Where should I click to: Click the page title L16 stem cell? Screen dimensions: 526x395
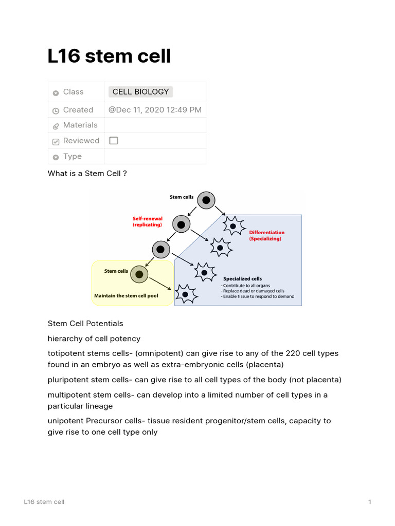pyautogui.click(x=109, y=56)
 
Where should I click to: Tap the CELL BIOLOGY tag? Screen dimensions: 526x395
pyautogui.click(x=140, y=92)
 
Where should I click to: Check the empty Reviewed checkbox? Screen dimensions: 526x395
pyautogui.click(x=114, y=141)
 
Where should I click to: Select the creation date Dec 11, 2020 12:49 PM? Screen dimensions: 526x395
pyautogui.click(x=155, y=110)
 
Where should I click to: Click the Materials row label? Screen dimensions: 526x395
pyautogui.click(x=80, y=125)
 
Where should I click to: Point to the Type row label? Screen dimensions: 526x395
pyautogui.click(x=72, y=157)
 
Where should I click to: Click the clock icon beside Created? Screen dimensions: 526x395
pyautogui.click(x=56, y=110)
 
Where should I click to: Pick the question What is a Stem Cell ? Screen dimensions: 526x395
pyautogui.click(x=87, y=174)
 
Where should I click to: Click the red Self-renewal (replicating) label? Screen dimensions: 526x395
pyautogui.click(x=148, y=222)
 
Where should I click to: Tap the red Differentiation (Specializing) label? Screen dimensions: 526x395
pyautogui.click(x=266, y=236)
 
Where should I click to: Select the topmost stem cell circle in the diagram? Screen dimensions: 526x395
pyautogui.click(x=206, y=200)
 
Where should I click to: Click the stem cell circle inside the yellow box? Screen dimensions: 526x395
pyautogui.click(x=139, y=274)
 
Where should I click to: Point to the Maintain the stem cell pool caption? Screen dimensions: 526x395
pyautogui.click(x=126, y=296)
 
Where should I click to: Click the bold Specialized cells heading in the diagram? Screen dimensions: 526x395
pyautogui.click(x=242, y=279)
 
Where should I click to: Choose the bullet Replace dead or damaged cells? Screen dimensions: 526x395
pyautogui.click(x=253, y=291)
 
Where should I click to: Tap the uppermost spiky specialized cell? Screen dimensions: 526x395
pyautogui.click(x=233, y=226)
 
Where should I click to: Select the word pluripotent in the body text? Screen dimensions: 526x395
pyautogui.click(x=68, y=380)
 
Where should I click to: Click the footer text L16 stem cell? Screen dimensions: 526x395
pyautogui.click(x=44, y=502)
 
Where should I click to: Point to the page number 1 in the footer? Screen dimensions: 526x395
pyautogui.click(x=369, y=502)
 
